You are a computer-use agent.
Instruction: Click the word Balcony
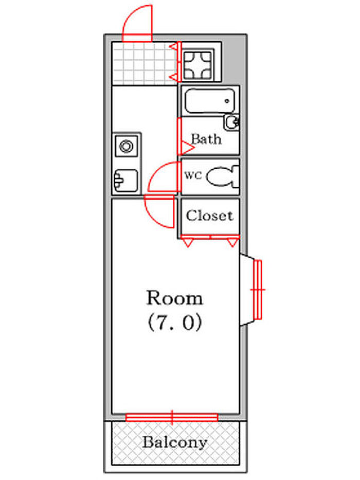pos(175,442)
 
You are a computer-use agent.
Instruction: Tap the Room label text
pos(175,298)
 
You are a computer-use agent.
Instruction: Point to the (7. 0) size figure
pos(175,323)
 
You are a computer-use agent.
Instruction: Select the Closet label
pos(210,216)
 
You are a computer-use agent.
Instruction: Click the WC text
pos(193,176)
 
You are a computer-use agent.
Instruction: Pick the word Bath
pos(206,139)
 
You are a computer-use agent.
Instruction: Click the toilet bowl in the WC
pos(223,176)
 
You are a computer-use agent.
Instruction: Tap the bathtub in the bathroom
pos(210,100)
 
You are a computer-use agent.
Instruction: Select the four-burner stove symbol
pos(197,65)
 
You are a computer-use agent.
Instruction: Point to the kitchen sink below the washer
pos(126,181)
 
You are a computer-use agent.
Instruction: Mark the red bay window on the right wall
pos(258,290)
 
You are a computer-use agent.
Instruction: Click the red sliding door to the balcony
pos(172,417)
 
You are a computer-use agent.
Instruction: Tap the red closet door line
pos(210,237)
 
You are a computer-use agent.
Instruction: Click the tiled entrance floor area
pos(143,63)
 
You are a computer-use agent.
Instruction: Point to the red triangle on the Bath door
pos(187,148)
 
